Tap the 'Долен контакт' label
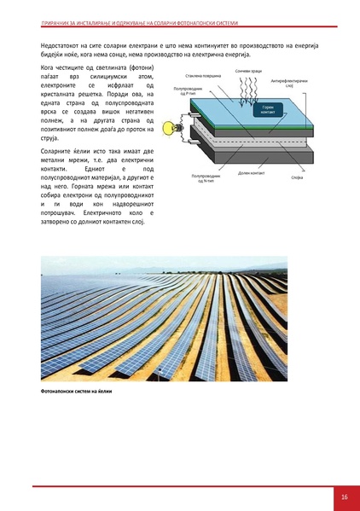point(252,172)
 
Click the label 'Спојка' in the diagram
point(297,177)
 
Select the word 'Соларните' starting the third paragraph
point(57,150)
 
